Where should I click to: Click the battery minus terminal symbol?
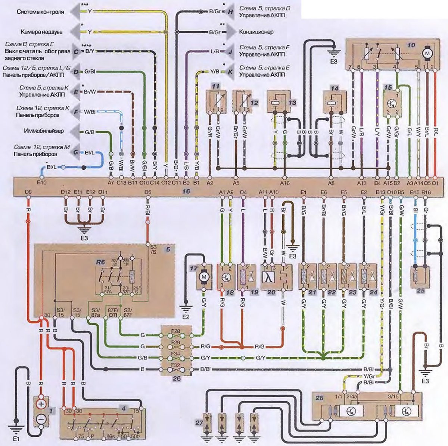tap(41, 420)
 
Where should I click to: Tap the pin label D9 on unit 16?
tap(28, 192)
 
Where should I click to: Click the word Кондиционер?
tap(256, 32)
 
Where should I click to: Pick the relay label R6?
tap(100, 262)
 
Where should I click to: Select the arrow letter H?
tap(230, 12)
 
